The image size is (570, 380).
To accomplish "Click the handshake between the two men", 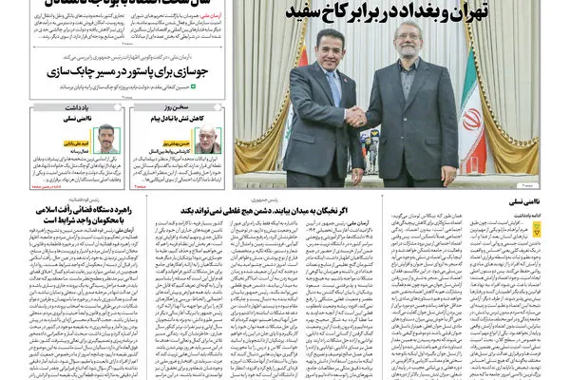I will [356, 116].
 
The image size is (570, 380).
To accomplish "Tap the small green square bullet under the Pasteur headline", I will [196, 86].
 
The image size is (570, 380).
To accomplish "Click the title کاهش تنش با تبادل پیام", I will [170, 118].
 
